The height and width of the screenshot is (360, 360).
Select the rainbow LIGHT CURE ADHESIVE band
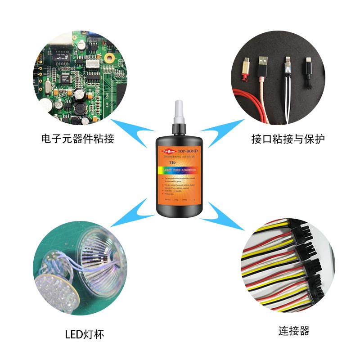point(180,171)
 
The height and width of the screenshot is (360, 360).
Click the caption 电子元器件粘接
point(77,139)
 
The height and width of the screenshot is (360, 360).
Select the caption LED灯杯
point(85,334)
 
